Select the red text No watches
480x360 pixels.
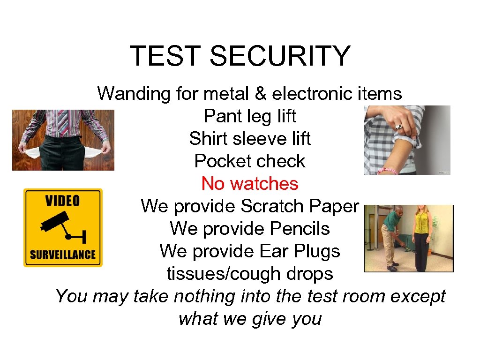250,183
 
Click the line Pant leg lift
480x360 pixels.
250,116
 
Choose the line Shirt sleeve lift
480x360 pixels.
250,138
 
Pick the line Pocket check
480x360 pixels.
250,161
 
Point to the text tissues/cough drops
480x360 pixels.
250,273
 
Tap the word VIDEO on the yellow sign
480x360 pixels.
63,201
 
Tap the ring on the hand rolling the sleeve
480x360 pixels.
399,126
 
